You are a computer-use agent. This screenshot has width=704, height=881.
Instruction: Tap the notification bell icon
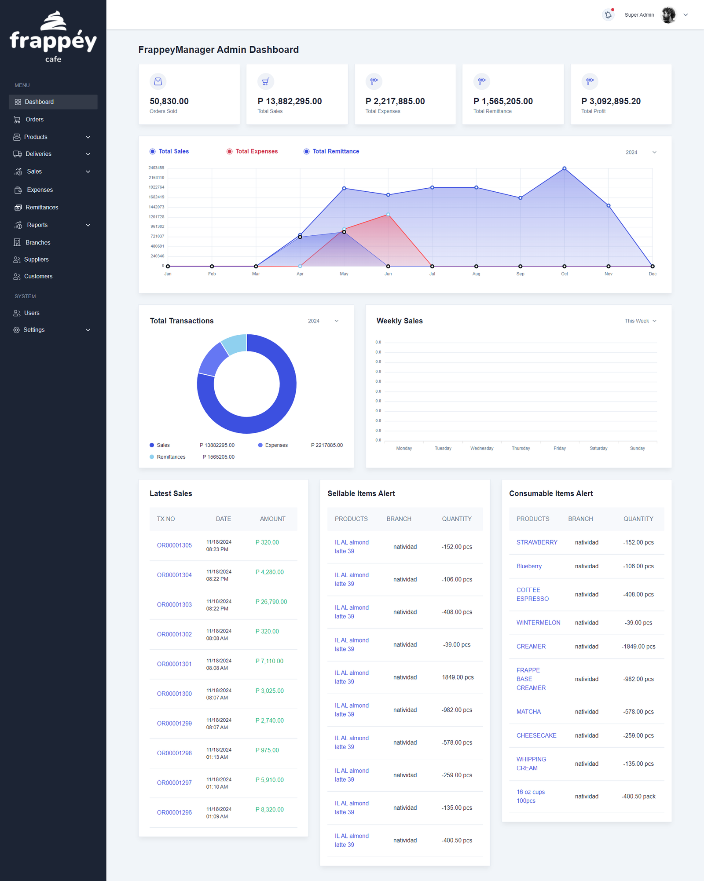608,15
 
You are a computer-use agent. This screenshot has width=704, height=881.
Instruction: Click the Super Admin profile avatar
668,15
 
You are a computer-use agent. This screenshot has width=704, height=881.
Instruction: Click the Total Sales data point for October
565,168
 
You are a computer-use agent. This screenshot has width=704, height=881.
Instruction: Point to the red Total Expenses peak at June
388,215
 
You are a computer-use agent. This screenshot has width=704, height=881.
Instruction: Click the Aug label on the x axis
476,274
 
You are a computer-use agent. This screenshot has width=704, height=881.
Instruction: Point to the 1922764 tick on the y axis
156,187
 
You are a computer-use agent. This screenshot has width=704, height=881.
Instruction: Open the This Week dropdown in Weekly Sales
641,321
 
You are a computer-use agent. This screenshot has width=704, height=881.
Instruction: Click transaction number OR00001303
174,605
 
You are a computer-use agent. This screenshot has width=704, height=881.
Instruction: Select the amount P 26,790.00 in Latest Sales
271,602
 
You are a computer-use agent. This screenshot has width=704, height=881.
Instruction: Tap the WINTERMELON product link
539,622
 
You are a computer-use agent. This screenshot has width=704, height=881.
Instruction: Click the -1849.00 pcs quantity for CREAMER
638,647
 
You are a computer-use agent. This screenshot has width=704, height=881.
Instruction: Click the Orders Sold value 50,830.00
169,101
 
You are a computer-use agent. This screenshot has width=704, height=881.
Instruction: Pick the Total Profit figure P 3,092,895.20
611,101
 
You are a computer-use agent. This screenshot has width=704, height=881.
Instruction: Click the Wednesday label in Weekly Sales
482,448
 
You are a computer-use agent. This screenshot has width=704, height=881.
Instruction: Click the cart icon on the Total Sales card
266,81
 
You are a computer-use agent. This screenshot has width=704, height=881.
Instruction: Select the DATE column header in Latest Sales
224,519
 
